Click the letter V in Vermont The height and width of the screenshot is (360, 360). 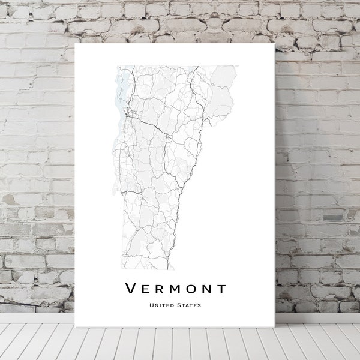130,289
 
